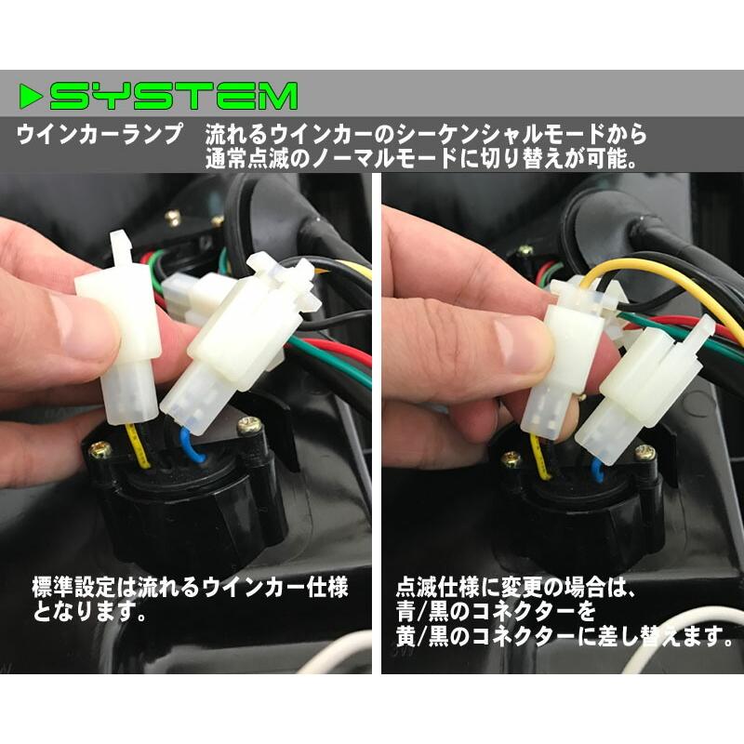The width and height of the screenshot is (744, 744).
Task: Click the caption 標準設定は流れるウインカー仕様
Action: tap(190, 588)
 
